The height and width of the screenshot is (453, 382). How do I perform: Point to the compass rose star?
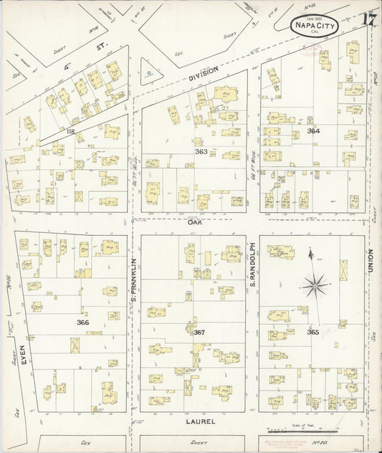pyautogui.click(x=315, y=286)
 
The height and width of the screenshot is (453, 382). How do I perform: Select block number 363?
pyautogui.click(x=201, y=152)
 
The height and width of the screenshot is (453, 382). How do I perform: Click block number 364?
pyautogui.click(x=312, y=131)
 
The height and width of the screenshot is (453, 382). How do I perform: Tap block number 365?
pyautogui.click(x=312, y=332)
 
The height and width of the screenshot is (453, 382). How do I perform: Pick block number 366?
pyautogui.click(x=83, y=323)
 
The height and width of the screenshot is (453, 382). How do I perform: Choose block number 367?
pyautogui.click(x=199, y=332)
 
